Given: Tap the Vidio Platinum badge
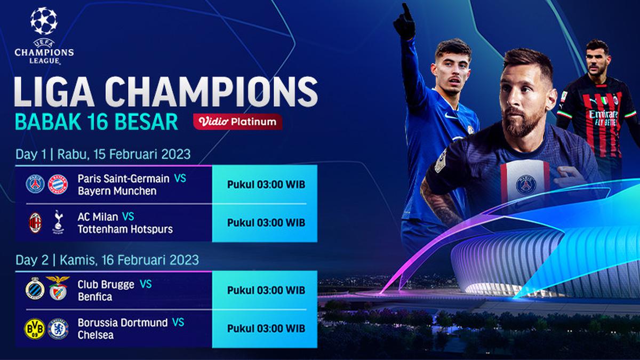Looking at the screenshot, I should pos(238,122).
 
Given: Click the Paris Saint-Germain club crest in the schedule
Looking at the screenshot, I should pos(36,183).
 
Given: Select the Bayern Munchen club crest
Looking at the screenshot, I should pos(58,183).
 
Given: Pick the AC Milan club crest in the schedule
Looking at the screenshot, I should pos(36,222).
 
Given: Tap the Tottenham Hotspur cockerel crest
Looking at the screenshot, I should pos(58,222).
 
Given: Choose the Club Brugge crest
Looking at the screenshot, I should pos(35,289).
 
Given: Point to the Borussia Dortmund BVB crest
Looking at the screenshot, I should pos(35,329).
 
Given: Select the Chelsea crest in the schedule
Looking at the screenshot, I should pos(58,329).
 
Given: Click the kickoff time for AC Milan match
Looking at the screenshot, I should pos(266,222).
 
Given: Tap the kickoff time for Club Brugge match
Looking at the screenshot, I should pos(266,290).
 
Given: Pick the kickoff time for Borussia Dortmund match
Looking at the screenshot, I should pos(266,328).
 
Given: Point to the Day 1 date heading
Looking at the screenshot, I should pos(102,155).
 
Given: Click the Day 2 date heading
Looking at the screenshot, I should pos(107,260).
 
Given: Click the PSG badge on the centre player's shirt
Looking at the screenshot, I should pos(525,185).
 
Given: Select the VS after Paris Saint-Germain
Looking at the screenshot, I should pos(180,178).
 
